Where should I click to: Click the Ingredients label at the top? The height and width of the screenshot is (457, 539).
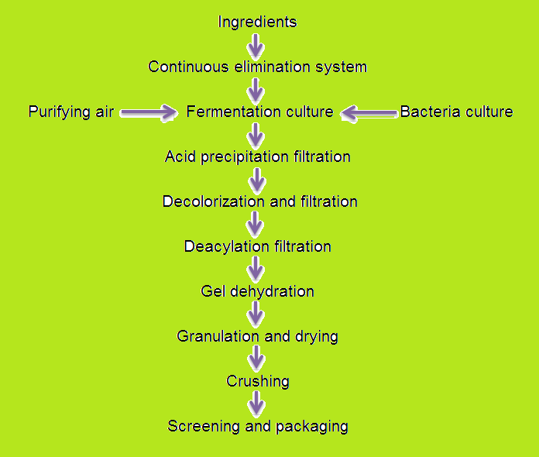pyautogui.click(x=257, y=22)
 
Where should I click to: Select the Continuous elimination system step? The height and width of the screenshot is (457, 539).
pyautogui.click(x=257, y=67)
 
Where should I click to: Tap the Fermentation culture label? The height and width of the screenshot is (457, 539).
pyautogui.click(x=259, y=112)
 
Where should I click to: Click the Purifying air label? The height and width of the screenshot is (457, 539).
pyautogui.click(x=71, y=112)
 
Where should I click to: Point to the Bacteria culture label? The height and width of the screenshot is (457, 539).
pyautogui.click(x=456, y=112)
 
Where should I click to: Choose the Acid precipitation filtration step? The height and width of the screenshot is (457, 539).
pyautogui.click(x=257, y=156)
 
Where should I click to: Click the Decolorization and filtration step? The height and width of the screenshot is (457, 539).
pyautogui.click(x=259, y=201)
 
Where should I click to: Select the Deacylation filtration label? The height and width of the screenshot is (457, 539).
pyautogui.click(x=257, y=246)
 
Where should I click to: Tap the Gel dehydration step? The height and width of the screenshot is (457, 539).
pyautogui.click(x=257, y=291)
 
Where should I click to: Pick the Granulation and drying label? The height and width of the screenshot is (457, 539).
pyautogui.click(x=257, y=336)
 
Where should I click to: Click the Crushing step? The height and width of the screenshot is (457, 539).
pyautogui.click(x=257, y=381)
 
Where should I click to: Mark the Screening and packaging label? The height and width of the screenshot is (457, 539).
pyautogui.click(x=257, y=426)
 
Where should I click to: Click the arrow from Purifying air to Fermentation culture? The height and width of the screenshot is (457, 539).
pyautogui.click(x=149, y=113)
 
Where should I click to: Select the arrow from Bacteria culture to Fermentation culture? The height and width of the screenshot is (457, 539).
pyautogui.click(x=369, y=113)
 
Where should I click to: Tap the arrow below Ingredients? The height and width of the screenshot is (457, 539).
pyautogui.click(x=256, y=44)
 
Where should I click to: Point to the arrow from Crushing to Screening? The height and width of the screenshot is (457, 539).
pyautogui.click(x=256, y=404)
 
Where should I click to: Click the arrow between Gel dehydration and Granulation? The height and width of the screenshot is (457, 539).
pyautogui.click(x=256, y=314)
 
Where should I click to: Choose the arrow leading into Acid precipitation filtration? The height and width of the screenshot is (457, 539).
pyautogui.click(x=256, y=134)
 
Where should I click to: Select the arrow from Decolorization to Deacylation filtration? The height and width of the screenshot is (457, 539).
pyautogui.click(x=256, y=224)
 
